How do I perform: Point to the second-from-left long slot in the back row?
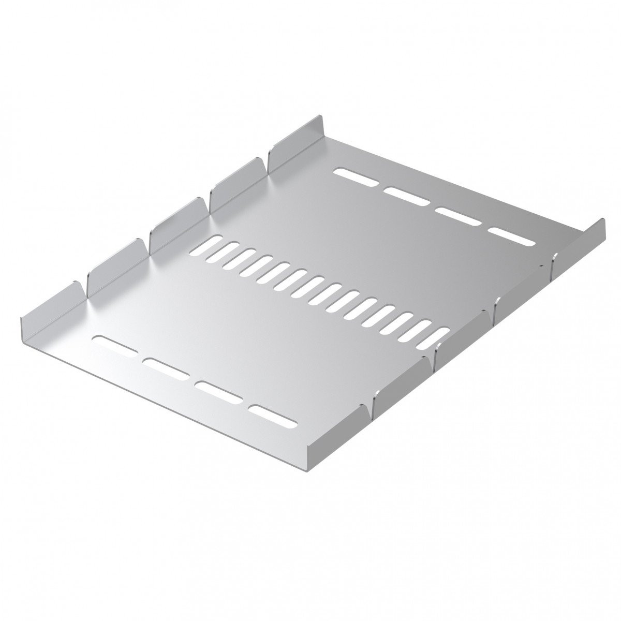point(407,197)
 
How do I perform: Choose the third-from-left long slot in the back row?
point(460,217)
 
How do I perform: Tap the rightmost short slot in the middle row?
point(434,339)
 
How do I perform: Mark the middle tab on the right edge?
point(463,336)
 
